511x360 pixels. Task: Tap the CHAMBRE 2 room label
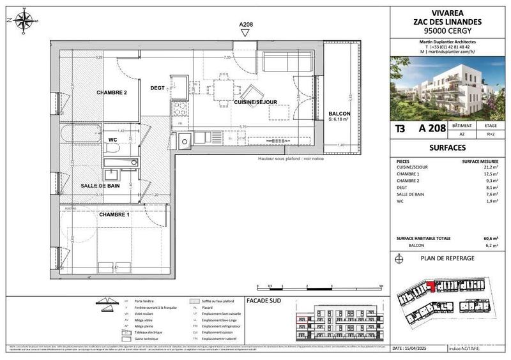[112, 93]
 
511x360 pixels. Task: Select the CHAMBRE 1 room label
[114, 214]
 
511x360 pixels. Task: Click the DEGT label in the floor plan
[158, 88]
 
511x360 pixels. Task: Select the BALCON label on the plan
[339, 114]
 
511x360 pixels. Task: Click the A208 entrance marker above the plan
[246, 25]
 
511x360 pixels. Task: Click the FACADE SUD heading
[263, 299]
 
